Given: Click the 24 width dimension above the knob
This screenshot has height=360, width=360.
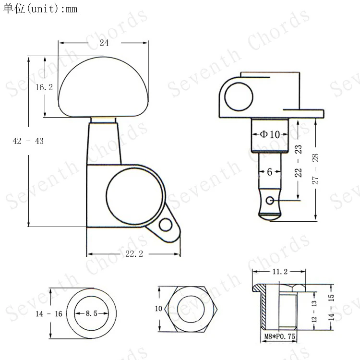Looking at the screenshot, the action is coord(104,43).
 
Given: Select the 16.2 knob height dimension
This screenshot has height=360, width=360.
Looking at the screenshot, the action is coord(44,87).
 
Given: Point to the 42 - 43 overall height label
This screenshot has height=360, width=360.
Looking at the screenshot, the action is coord(28,141).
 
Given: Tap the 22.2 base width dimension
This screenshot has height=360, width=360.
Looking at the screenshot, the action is coord(134,254).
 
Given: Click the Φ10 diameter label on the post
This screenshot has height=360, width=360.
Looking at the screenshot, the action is coord(270,134).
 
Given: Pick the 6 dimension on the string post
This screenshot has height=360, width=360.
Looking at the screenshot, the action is coord(270,172).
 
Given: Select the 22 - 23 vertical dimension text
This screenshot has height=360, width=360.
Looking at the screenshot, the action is coord(298,161).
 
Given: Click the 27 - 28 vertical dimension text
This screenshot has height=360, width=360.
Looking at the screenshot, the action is coord(315,169).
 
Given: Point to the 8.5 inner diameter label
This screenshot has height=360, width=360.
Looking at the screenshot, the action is coord(91,313).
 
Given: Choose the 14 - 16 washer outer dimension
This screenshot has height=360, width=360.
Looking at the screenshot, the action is coord(49,313).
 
